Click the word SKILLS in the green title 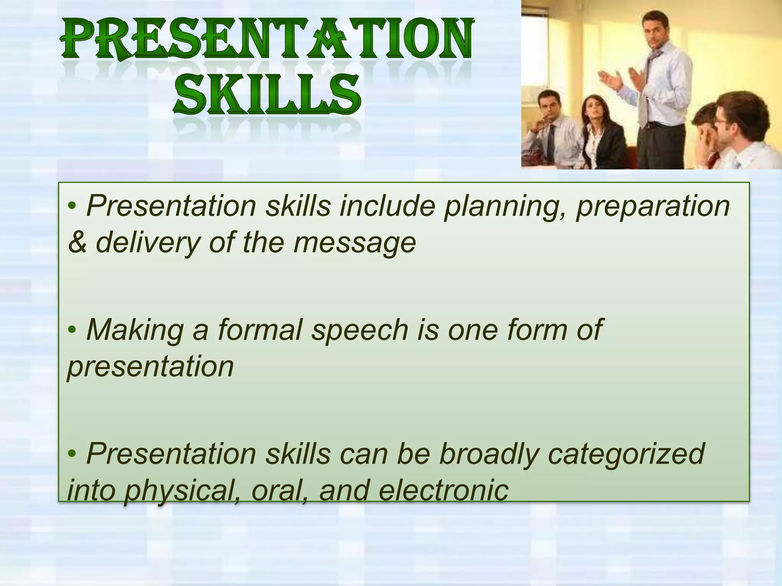[267, 95]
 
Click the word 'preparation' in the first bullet [653, 207]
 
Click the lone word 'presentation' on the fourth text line [150, 367]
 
